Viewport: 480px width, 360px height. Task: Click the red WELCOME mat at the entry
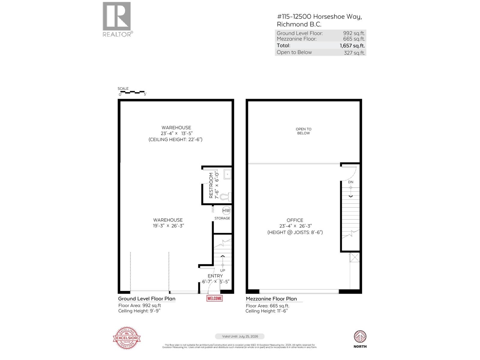214,298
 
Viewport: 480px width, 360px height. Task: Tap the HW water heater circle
226,211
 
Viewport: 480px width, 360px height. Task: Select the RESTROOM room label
211,185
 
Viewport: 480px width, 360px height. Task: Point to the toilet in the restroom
225,197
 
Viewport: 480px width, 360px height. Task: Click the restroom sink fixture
227,174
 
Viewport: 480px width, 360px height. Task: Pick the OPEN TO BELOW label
304,131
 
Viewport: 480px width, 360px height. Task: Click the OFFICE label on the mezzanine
295,220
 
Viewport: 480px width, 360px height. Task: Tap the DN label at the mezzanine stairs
351,182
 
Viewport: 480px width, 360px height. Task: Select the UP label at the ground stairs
223,270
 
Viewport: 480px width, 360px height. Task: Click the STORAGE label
222,218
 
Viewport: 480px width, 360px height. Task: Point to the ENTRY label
215,276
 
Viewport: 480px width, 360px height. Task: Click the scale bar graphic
132,92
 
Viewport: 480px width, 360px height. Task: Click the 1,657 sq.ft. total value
352,46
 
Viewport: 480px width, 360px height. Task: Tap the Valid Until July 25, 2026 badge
240,336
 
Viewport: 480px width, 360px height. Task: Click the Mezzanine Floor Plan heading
271,299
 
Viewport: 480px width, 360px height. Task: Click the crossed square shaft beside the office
355,257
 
